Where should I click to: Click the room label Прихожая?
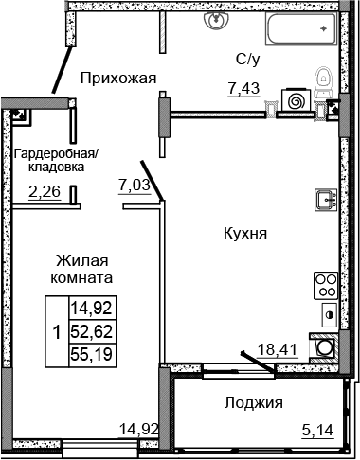[x=117, y=77]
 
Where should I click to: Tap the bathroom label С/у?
[x=248, y=60]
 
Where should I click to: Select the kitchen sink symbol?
[x=325, y=200]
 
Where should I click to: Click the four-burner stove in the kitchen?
[x=325, y=283]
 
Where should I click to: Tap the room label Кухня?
[x=244, y=232]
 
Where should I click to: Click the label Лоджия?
[x=254, y=402]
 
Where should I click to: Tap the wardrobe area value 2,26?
[x=45, y=196]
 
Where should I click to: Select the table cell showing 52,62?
[x=87, y=331]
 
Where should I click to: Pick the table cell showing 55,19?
[x=87, y=353]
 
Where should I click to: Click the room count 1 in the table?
[x=57, y=331]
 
